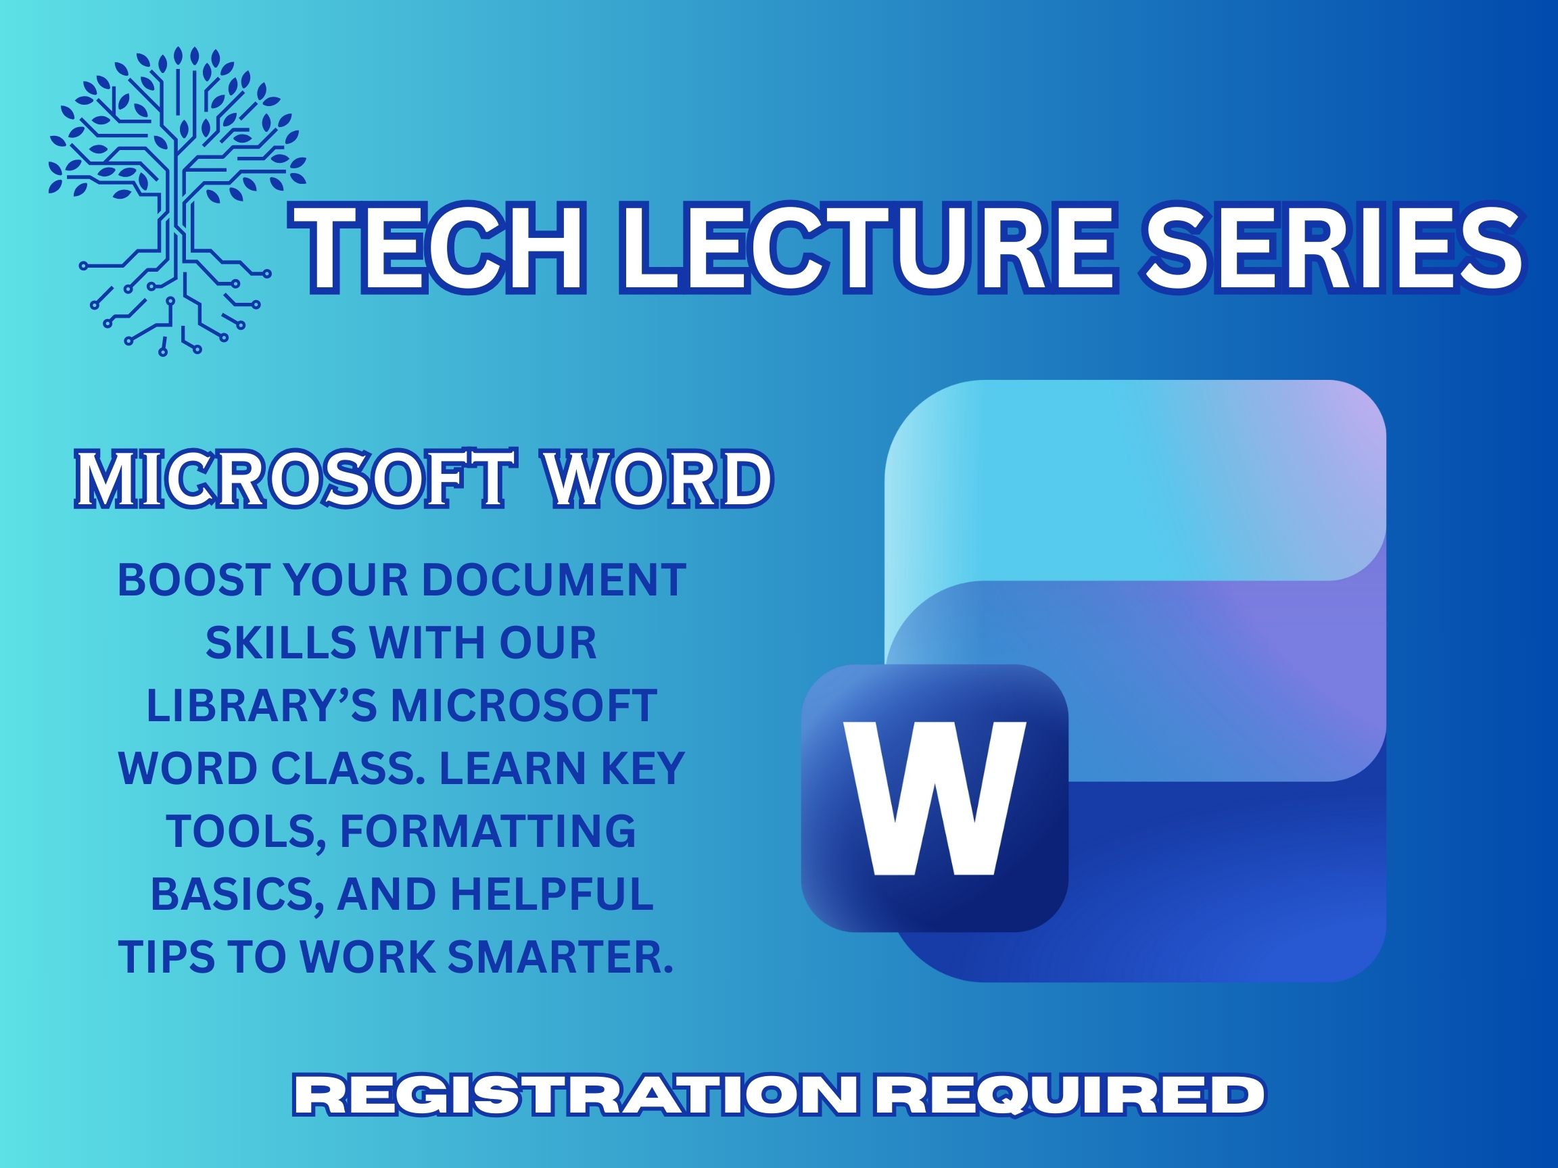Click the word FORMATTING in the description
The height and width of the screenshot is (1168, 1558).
(x=488, y=831)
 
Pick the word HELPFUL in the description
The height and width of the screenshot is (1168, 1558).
(x=552, y=894)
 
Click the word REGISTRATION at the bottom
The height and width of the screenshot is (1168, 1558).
(x=573, y=1096)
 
